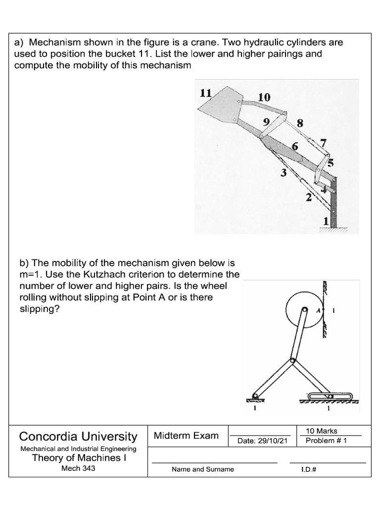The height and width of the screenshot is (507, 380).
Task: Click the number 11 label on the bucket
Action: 205,93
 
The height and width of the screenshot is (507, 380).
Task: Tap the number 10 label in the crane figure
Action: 264,98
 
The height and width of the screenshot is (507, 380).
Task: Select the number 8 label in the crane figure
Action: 300,123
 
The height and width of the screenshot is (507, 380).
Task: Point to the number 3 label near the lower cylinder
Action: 284,173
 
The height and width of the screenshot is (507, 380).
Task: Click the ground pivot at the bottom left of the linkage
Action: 255,396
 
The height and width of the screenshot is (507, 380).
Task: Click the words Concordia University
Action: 78,436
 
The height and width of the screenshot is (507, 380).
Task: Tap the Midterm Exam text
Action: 186,436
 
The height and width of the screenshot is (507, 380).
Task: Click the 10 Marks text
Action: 322,431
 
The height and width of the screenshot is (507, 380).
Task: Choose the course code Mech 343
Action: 78,468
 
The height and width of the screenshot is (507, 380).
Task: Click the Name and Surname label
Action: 203,469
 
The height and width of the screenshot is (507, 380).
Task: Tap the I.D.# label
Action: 309,469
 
